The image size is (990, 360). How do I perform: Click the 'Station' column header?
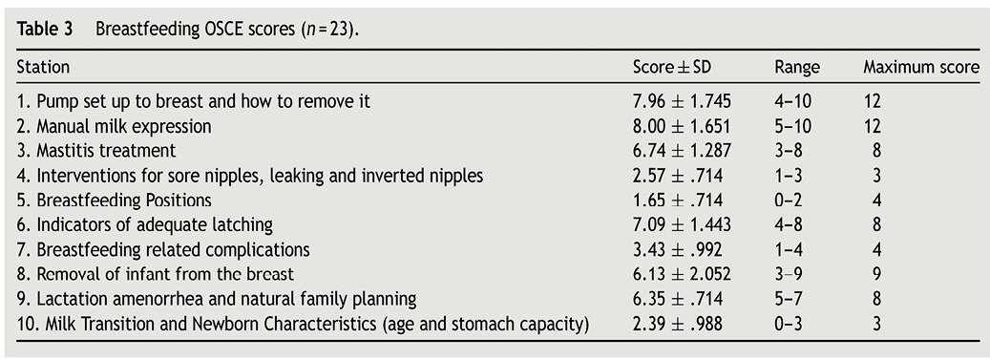point(43,67)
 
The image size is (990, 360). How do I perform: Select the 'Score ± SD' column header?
point(672,67)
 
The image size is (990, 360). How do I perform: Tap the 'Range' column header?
point(797,68)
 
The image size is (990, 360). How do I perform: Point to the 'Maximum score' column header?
point(922,67)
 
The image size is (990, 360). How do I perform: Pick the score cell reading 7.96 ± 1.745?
point(682,101)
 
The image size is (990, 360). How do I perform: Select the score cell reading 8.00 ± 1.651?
point(682,126)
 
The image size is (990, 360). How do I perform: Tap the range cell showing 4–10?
point(793,101)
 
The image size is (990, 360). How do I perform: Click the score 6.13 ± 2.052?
point(682,274)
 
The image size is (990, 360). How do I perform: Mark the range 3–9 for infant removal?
point(789,274)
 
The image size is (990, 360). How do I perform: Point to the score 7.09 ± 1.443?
point(682,224)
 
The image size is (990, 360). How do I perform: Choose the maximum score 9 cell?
point(875,274)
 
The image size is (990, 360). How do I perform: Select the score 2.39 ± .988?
point(678,324)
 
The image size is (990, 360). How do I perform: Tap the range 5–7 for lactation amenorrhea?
point(789,299)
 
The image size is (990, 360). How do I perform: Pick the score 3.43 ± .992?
point(678,249)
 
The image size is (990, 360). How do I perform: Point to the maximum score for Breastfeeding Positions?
point(875,201)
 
